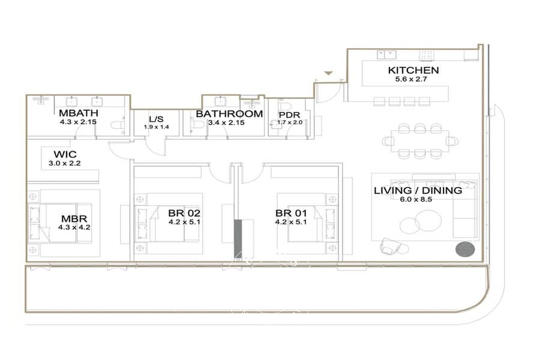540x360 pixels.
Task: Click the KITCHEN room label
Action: click(413, 70)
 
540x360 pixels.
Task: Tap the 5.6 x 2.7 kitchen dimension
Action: click(411, 79)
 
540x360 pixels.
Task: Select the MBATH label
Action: click(79, 113)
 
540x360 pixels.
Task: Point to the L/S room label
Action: click(156, 119)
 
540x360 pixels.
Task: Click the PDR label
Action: click(289, 115)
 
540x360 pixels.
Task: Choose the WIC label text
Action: click(65, 154)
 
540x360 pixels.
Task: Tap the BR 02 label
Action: click(184, 213)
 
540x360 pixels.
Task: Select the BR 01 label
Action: click(291, 213)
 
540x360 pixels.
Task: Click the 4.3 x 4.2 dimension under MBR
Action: click(74, 227)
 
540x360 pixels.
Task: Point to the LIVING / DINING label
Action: click(418, 191)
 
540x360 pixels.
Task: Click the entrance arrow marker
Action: click(329, 73)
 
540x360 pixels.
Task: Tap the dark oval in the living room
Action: click(465, 250)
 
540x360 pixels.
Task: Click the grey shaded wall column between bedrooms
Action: click(238, 239)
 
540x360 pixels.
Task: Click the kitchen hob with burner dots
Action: click(427, 55)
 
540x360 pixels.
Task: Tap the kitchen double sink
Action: click(386, 55)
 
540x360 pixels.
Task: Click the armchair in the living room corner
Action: click(390, 247)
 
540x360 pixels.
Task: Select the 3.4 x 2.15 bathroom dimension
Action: click(226, 122)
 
